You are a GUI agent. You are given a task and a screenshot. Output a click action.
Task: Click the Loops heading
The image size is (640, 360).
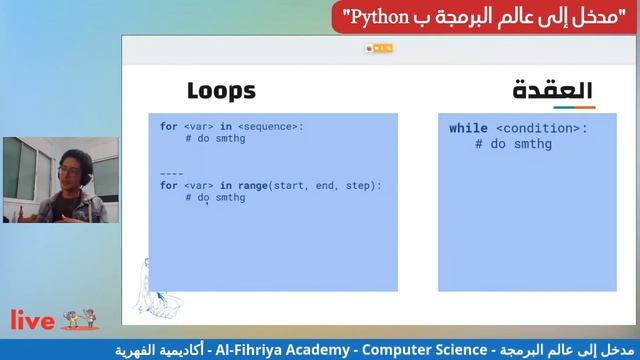pyautogui.click(x=221, y=91)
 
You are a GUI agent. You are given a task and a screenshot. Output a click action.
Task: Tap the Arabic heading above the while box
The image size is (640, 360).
pyautogui.click(x=552, y=91)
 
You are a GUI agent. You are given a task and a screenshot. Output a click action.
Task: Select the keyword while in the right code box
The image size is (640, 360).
pyautogui.click(x=468, y=129)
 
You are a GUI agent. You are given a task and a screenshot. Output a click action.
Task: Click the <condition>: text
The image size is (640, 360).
pyautogui.click(x=541, y=129)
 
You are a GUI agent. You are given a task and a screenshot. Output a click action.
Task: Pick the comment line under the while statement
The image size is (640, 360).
pyautogui.click(x=513, y=145)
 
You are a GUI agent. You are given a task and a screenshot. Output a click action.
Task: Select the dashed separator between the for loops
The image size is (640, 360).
pyautogui.click(x=172, y=172)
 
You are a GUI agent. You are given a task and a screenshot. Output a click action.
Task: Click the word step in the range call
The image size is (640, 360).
pyautogui.click(x=364, y=185)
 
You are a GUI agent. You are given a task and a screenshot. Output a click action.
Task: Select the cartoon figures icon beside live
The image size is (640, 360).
pyautogui.click(x=81, y=319)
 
